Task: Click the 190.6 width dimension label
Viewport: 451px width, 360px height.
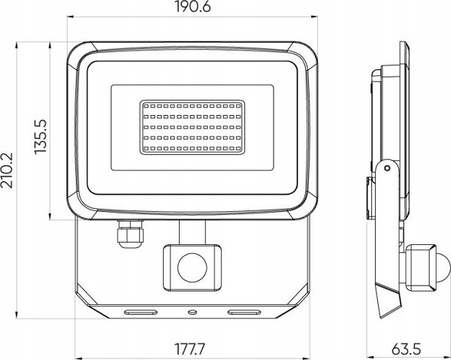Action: tap(192, 7)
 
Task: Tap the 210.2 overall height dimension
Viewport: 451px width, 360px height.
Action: tap(7, 170)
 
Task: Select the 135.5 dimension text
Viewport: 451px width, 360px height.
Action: tap(41, 137)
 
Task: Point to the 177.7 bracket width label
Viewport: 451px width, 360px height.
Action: tap(190, 349)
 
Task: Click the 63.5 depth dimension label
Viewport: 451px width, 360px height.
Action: tap(406, 349)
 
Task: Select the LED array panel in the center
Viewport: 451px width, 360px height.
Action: tap(192, 127)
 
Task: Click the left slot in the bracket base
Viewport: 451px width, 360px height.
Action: tap(141, 312)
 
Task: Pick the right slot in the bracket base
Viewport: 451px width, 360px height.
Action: tap(244, 312)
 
